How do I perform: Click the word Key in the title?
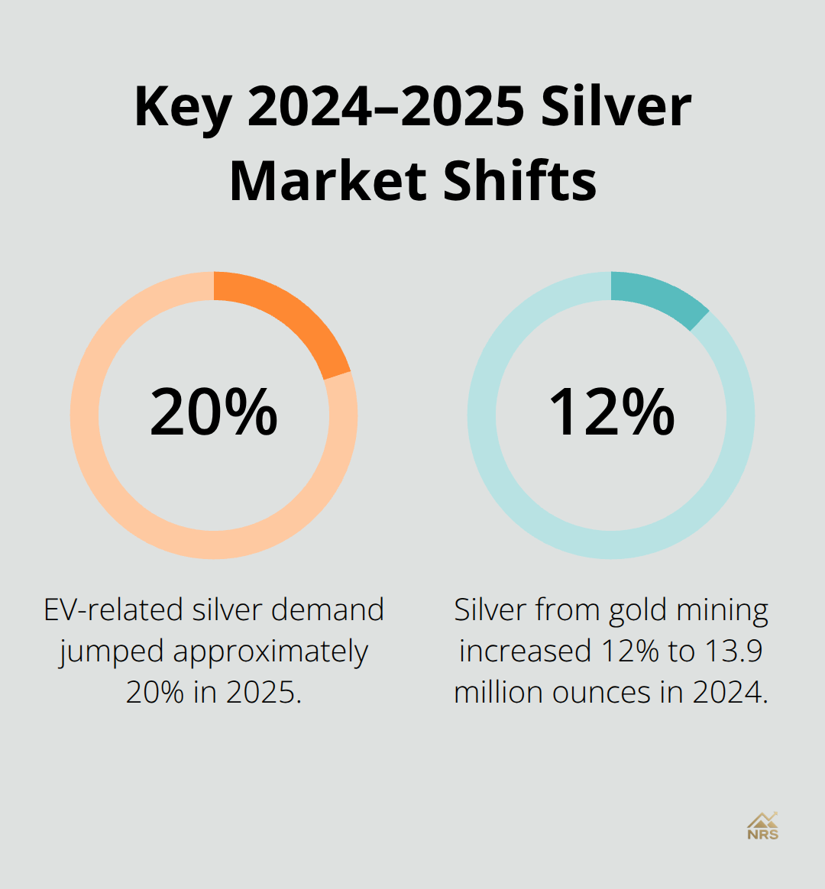(x=183, y=108)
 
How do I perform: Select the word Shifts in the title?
(x=519, y=181)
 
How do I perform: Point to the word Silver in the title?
(x=616, y=108)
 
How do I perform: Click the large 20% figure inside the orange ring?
(x=214, y=412)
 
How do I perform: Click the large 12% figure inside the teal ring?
(x=611, y=412)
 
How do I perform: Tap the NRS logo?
(x=762, y=826)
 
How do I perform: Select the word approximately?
(x=270, y=652)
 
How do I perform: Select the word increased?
(x=525, y=651)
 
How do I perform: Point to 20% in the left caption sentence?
(x=155, y=693)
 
